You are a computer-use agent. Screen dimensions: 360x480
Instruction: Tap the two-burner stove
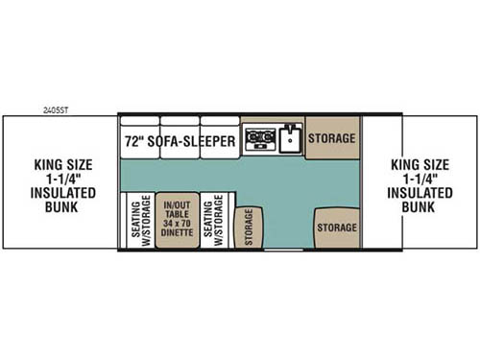tap(257, 140)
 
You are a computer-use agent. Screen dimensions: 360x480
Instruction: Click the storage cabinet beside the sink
tap(332, 137)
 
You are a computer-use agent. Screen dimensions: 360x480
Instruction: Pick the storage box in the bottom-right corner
tap(336, 228)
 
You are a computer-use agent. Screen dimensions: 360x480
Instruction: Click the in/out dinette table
tap(177, 220)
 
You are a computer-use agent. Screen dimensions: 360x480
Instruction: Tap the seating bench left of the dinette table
tap(135, 220)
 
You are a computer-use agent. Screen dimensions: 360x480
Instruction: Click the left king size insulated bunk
tap(59, 182)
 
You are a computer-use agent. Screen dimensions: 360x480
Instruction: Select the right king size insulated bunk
tap(420, 182)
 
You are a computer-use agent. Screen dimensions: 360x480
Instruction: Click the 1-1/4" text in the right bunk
tap(420, 178)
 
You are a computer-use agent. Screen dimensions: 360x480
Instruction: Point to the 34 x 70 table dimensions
tap(177, 220)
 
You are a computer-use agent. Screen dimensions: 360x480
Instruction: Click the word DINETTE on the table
tap(177, 232)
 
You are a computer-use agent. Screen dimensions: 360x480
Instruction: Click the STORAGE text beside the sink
tap(332, 138)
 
